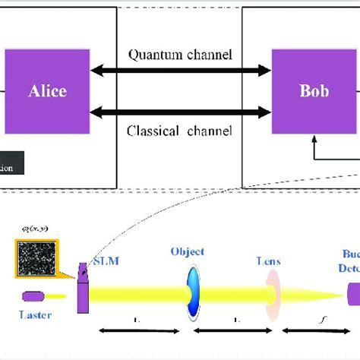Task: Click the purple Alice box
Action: (x=48, y=90)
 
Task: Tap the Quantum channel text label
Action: (x=179, y=55)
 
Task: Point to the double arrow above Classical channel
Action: (x=179, y=112)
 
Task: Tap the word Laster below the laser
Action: (x=35, y=314)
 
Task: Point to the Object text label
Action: (x=188, y=251)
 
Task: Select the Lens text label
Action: (x=267, y=261)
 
